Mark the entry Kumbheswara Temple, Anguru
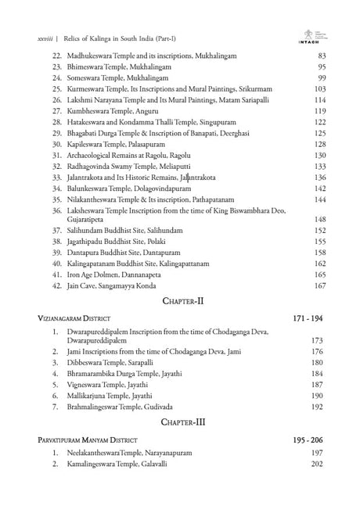[x=120, y=112]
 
